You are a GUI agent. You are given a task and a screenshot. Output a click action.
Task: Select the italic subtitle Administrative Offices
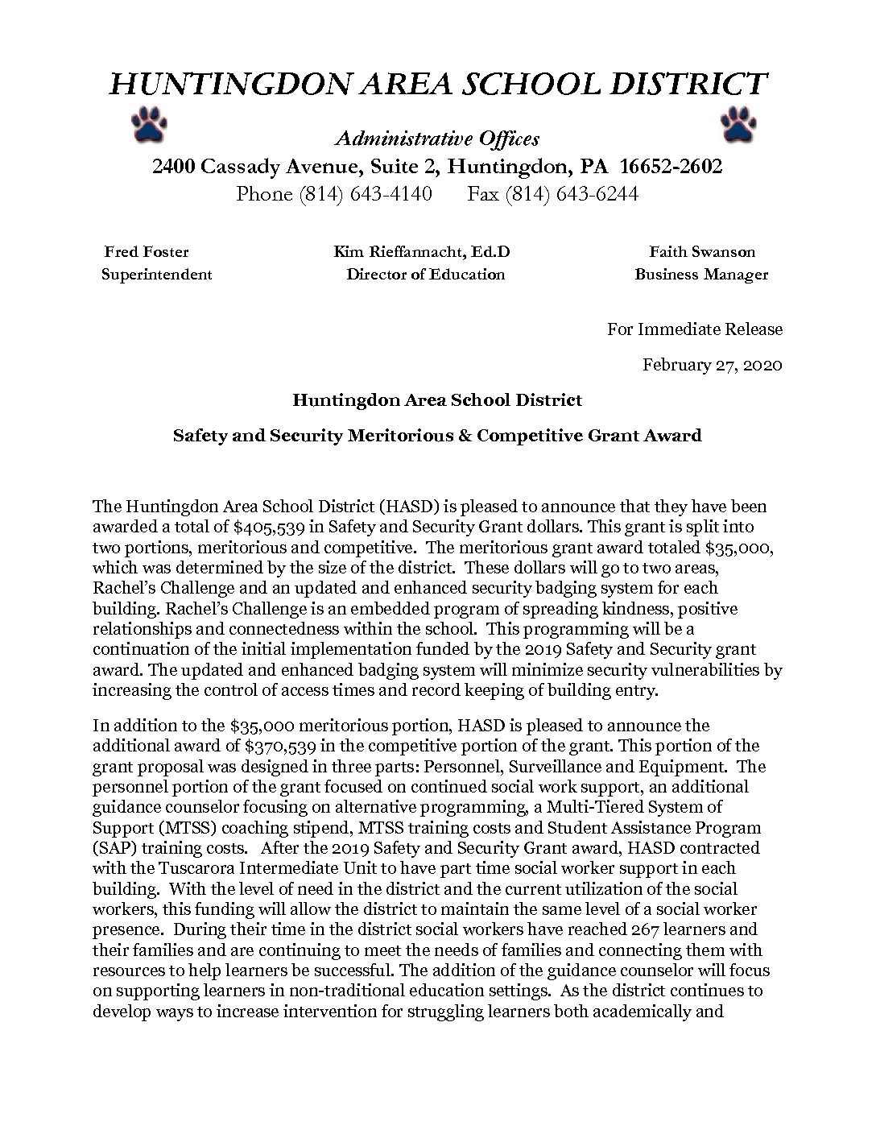(437, 139)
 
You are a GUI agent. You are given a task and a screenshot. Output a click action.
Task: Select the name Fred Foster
(147, 252)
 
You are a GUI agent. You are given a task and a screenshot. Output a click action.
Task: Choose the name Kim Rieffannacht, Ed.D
(422, 252)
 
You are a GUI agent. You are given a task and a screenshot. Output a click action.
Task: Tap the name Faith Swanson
(702, 252)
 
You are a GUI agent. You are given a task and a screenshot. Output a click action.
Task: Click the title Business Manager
(701, 274)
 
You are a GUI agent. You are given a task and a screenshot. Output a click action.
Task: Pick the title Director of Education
(425, 274)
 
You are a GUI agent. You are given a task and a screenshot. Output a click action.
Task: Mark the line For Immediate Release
(695, 329)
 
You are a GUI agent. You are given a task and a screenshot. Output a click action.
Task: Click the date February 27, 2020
(712, 365)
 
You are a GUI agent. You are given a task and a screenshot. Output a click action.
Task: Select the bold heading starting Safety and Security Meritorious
(437, 436)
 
